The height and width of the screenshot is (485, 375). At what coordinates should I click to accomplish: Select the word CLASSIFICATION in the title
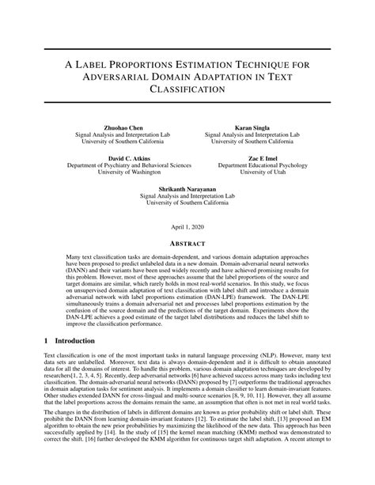[187, 90]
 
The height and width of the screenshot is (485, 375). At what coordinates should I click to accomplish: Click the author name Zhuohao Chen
[125, 127]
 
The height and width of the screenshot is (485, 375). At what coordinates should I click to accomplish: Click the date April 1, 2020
[187, 226]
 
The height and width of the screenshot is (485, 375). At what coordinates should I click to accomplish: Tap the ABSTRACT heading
[187, 245]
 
